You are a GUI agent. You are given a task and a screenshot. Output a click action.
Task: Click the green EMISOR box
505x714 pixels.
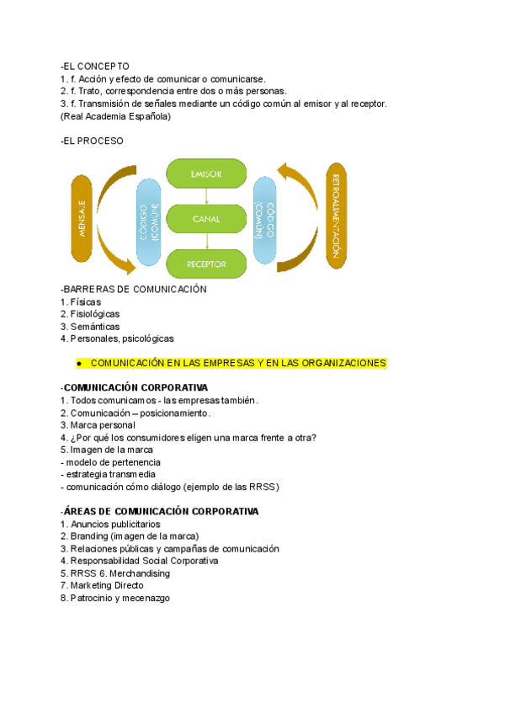pos(206,173)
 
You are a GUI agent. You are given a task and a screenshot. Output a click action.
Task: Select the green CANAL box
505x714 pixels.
pos(206,219)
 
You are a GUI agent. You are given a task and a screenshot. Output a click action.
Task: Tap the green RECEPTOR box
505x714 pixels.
pos(206,264)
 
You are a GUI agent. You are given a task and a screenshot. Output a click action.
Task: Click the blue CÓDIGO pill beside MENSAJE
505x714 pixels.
pos(148,221)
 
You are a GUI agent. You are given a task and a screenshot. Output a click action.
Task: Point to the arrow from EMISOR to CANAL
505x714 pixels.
pos(206,196)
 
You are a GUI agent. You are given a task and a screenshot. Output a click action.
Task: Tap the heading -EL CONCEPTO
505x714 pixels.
pos(95,66)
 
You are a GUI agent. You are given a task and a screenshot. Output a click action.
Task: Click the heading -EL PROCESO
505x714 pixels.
pos(92,141)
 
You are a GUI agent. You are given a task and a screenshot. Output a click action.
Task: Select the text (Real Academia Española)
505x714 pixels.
pos(115,116)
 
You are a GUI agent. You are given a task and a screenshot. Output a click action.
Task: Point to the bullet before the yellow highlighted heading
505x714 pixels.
pos(77,363)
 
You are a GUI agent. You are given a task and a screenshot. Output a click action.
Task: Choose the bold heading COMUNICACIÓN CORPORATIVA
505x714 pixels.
pos(130,387)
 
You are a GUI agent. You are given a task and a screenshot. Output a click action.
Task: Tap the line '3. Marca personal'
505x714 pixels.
pos(98,425)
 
